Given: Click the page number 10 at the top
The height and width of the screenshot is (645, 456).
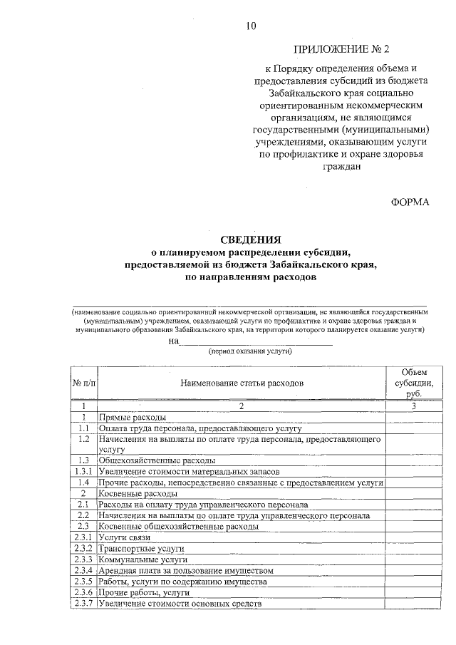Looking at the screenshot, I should pos(251,26).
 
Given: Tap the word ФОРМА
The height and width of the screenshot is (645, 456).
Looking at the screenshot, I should pos(410,202).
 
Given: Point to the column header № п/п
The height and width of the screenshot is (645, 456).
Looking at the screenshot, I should pos(83,383).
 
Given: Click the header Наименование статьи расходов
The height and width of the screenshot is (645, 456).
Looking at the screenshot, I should pos(242,383).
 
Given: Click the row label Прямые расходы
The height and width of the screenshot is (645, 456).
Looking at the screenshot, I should pos(133,417).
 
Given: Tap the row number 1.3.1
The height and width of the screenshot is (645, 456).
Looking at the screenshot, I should pos(83,472).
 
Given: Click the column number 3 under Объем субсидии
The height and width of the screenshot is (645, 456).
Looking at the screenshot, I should pos(413,406).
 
